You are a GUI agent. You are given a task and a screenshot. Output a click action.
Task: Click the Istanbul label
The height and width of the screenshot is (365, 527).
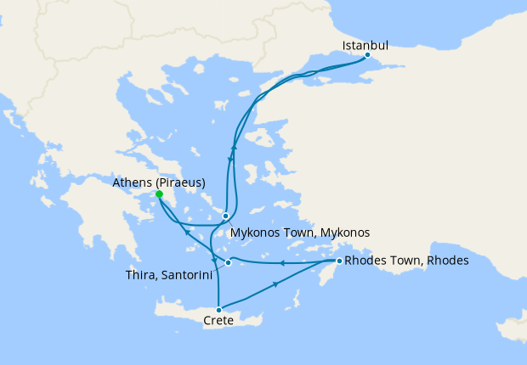(365, 45)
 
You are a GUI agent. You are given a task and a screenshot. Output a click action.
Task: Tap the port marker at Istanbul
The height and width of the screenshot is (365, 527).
(367, 56)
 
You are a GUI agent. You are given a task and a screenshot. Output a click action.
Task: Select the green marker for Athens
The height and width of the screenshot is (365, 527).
(159, 194)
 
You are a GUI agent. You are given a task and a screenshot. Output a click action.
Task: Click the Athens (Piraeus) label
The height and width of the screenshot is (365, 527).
(159, 182)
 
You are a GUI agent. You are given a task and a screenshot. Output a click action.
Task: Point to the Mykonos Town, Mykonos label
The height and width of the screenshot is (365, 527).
(300, 232)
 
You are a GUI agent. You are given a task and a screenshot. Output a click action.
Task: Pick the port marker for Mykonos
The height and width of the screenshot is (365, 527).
(225, 216)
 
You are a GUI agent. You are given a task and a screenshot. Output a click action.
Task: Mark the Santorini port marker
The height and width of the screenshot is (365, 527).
(228, 262)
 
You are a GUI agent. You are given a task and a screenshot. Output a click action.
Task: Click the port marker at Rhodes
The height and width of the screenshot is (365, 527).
(339, 261)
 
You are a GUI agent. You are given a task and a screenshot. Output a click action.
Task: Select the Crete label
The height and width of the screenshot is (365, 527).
(219, 321)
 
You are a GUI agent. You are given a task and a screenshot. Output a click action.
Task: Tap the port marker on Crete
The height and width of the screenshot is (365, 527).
(219, 310)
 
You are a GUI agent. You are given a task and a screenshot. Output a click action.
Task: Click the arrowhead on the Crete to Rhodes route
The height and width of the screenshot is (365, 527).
(277, 285)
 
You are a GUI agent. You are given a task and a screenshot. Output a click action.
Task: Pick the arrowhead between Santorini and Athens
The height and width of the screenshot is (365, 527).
(188, 232)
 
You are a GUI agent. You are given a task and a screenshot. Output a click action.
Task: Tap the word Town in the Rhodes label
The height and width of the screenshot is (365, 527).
(409, 261)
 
